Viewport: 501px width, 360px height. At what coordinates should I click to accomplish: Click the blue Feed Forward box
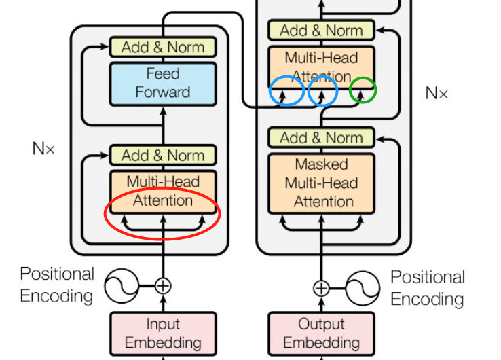[163, 83]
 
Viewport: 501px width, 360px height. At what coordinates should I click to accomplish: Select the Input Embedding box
[163, 333]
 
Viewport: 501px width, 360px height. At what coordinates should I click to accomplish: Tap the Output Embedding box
[321, 333]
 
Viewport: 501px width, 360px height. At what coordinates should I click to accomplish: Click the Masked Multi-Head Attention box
[322, 183]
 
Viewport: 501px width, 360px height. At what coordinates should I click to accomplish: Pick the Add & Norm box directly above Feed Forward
[163, 47]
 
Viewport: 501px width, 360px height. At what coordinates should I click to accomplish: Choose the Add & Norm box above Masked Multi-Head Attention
[322, 138]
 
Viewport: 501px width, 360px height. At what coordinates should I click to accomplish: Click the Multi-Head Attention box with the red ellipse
[163, 191]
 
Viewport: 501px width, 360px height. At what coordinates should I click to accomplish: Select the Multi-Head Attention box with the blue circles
[322, 67]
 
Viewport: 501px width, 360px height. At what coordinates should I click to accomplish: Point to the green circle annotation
[363, 90]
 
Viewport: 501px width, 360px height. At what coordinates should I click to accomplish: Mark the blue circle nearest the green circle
[323, 91]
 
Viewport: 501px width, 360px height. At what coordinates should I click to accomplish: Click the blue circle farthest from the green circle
[286, 91]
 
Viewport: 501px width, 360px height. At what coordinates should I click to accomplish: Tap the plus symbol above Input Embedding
[163, 286]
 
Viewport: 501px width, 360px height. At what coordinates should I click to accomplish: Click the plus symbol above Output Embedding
[321, 288]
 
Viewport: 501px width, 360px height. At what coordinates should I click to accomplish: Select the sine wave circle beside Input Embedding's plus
[122, 286]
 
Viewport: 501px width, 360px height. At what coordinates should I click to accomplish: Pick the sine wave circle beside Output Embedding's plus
[363, 288]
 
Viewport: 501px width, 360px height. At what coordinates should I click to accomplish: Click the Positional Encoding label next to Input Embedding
[57, 285]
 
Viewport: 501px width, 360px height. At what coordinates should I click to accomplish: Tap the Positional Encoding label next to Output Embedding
[428, 287]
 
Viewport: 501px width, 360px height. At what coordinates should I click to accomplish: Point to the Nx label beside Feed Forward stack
[43, 148]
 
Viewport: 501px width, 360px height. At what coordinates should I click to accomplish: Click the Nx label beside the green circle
[437, 93]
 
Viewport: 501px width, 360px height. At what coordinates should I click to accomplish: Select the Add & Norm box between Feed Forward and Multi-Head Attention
[163, 155]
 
